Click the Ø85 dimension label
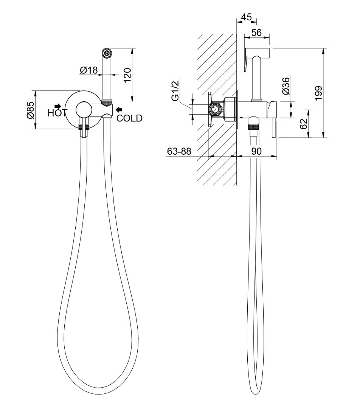pyautogui.click(x=30, y=110)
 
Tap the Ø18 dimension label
pyautogui.click(x=88, y=70)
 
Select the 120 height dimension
pyautogui.click(x=127, y=75)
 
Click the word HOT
pyautogui.click(x=57, y=113)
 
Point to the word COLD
pyautogui.click(x=129, y=118)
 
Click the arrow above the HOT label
pyautogui.click(x=58, y=106)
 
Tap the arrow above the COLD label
pyautogui.click(x=119, y=109)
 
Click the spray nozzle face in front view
pyautogui.click(x=107, y=53)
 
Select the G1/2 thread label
pyautogui.click(x=175, y=91)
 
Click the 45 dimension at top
pyautogui.click(x=246, y=17)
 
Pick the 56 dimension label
pyautogui.click(x=256, y=33)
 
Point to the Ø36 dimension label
pyautogui.click(x=286, y=86)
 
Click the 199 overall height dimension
pyautogui.click(x=318, y=93)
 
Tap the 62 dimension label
pyautogui.click(x=304, y=124)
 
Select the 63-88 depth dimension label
pyautogui.click(x=179, y=151)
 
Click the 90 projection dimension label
pyautogui.click(x=256, y=151)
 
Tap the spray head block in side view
pyautogui.click(x=258, y=52)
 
